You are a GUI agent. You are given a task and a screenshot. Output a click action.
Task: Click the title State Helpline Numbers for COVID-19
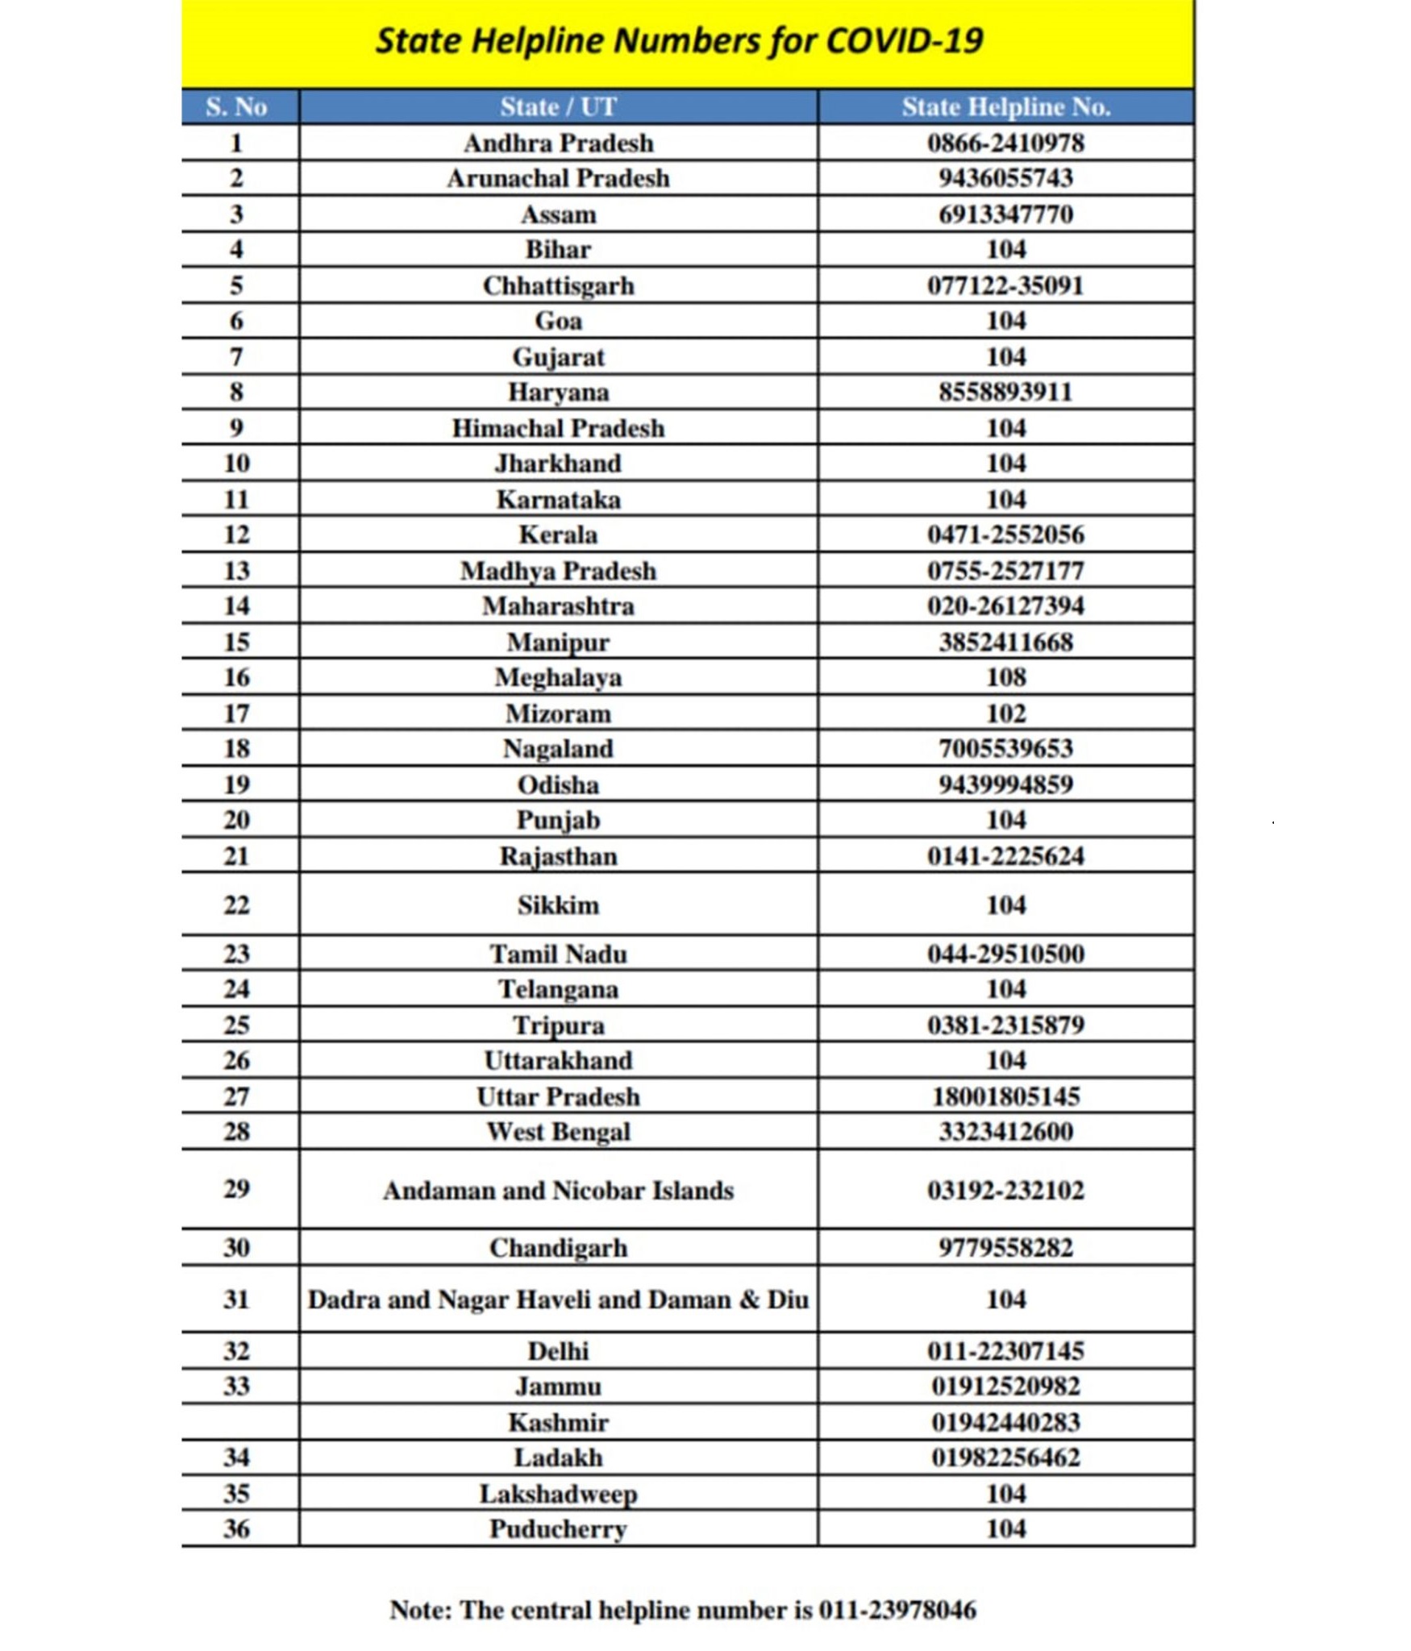(679, 40)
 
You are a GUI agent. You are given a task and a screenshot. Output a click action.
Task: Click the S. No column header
(235, 107)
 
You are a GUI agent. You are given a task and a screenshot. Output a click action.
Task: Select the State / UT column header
(558, 107)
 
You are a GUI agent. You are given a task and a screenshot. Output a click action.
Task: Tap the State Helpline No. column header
(1005, 107)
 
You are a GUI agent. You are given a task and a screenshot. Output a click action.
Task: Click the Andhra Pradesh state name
(558, 143)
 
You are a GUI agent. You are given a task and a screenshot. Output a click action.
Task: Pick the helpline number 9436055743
(1005, 178)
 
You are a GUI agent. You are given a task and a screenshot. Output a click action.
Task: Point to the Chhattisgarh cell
(558, 286)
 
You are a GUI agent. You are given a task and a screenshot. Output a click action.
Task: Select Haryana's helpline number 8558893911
(1005, 393)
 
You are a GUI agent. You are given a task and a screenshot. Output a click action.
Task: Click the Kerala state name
(558, 535)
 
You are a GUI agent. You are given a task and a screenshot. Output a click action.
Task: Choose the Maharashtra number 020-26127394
(1005, 606)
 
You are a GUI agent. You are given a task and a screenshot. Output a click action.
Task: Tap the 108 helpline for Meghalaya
(1005, 677)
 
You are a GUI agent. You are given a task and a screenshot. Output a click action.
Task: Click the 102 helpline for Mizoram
(1005, 713)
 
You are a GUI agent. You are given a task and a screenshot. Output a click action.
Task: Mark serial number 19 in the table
(235, 784)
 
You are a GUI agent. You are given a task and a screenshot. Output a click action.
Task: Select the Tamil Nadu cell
(558, 954)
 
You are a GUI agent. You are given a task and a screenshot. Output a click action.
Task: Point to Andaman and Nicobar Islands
(558, 1191)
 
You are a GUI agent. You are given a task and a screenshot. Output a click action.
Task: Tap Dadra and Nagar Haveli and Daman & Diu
(558, 1300)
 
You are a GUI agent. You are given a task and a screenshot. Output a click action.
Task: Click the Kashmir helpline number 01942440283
(1005, 1423)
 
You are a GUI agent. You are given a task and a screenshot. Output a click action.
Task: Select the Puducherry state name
(558, 1529)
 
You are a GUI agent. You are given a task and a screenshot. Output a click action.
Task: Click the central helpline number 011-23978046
(897, 1610)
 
